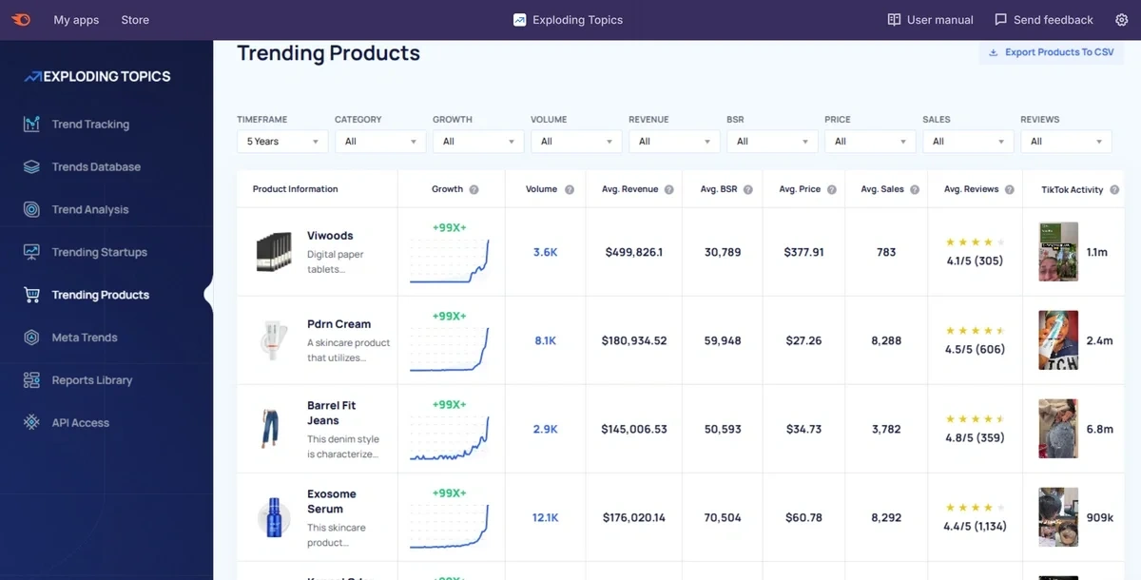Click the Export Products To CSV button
pyautogui.click(x=1051, y=52)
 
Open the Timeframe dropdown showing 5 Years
pyautogui.click(x=281, y=142)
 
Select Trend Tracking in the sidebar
pyautogui.click(x=90, y=125)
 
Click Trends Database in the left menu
pyautogui.click(x=95, y=167)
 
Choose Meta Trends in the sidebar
pyautogui.click(x=84, y=338)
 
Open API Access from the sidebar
pyautogui.click(x=80, y=423)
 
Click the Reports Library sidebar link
pyautogui.click(x=91, y=380)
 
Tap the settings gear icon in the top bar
pyautogui.click(x=1121, y=20)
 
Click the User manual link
pyautogui.click(x=930, y=20)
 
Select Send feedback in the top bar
pyautogui.click(x=1043, y=20)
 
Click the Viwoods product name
pyautogui.click(x=330, y=236)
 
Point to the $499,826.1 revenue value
pyautogui.click(x=633, y=252)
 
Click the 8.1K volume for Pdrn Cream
pyautogui.click(x=545, y=340)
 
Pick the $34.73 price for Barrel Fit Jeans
pyautogui.click(x=803, y=429)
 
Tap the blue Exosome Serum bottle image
pyautogui.click(x=273, y=517)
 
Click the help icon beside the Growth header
pyautogui.click(x=474, y=189)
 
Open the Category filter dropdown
pyautogui.click(x=379, y=142)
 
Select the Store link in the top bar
pyautogui.click(x=135, y=20)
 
